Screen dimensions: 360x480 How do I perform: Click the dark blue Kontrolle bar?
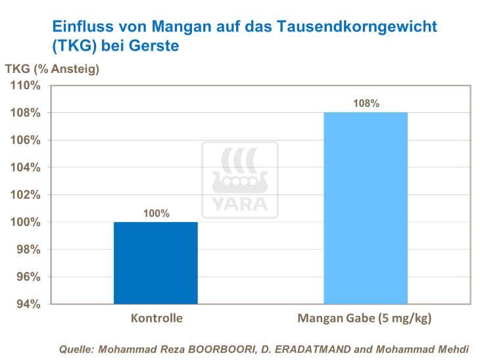[x=155, y=263]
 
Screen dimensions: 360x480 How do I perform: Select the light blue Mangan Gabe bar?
[x=366, y=208]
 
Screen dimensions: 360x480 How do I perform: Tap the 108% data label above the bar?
[x=366, y=103]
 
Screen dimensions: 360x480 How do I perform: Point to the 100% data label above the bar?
[x=156, y=213]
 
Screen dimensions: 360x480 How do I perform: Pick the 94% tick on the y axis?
[x=30, y=304]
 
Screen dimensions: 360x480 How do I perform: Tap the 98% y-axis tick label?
[x=30, y=250]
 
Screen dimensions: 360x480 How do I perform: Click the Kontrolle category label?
[x=156, y=319]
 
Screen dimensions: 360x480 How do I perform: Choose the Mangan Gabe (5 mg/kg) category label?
[x=366, y=319]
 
